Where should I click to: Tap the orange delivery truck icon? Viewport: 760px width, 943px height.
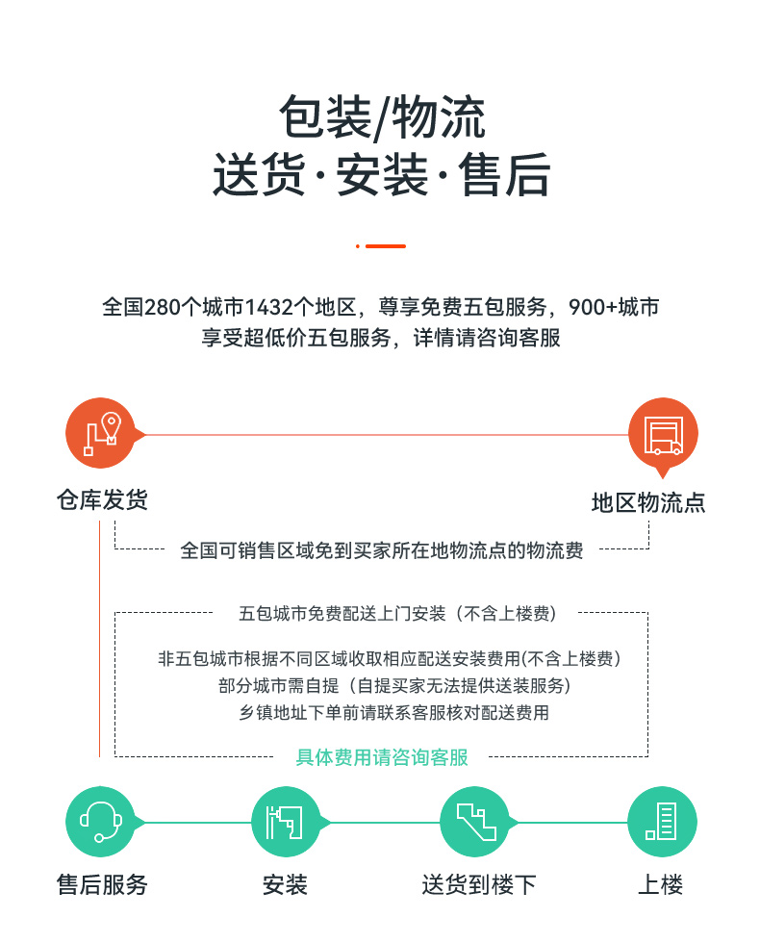point(663,434)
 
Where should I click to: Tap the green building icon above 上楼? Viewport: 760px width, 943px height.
point(662,822)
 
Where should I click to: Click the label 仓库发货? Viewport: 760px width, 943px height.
point(102,499)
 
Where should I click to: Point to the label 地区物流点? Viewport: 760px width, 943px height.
point(648,502)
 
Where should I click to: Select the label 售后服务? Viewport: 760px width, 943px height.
point(102,884)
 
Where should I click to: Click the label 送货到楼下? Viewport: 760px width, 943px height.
point(479,884)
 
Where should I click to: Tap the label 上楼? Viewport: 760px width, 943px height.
point(660,884)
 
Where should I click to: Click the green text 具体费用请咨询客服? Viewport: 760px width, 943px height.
point(382,757)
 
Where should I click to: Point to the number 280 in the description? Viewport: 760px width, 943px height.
point(163,307)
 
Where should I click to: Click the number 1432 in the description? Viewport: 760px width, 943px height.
point(269,307)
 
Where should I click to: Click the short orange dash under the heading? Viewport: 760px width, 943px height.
point(386,246)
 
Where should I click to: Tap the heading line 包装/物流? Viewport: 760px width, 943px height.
point(382,117)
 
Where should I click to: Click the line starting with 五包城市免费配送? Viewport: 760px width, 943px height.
point(397,614)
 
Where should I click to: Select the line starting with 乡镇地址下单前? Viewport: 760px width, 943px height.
point(393,713)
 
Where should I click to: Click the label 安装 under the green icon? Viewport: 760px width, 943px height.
point(285,884)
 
